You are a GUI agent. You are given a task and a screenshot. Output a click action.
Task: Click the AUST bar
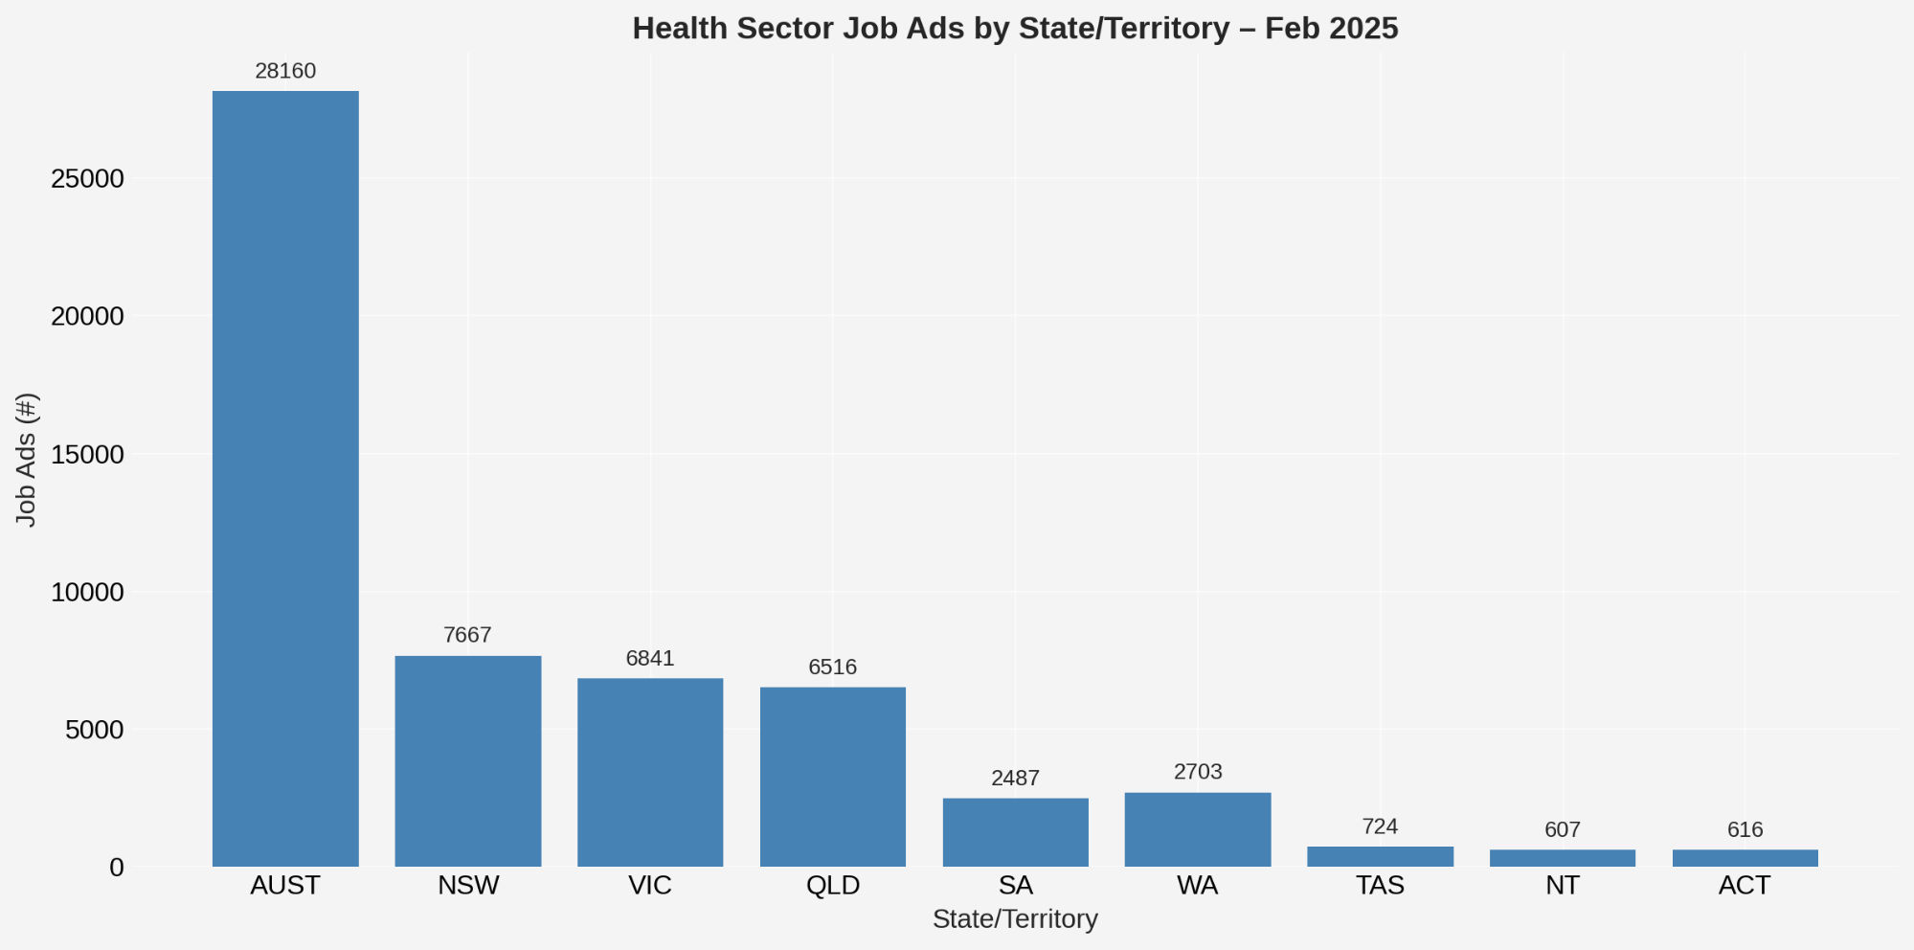pyautogui.click(x=285, y=479)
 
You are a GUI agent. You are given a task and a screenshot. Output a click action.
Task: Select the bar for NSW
pyautogui.click(x=468, y=761)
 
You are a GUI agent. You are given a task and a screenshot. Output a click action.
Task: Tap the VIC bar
pyautogui.click(x=650, y=773)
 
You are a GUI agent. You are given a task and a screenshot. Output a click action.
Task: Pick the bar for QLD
pyautogui.click(x=833, y=777)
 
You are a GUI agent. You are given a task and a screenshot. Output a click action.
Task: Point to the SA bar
pyautogui.click(x=1015, y=832)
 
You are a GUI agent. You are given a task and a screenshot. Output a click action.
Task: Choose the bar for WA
pyautogui.click(x=1198, y=829)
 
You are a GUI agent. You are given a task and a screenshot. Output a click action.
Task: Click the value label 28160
pyautogui.click(x=285, y=72)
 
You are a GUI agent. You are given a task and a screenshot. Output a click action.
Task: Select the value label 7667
pyautogui.click(x=468, y=636)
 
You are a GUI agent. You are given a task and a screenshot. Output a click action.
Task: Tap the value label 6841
pyautogui.click(x=650, y=659)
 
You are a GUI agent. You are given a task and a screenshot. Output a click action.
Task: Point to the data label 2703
pyautogui.click(x=1198, y=772)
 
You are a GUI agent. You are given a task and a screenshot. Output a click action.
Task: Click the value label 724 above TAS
pyautogui.click(x=1380, y=826)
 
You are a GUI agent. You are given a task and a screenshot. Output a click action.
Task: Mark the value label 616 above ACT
pyautogui.click(x=1745, y=830)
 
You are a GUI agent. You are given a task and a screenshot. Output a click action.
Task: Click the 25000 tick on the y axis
pyautogui.click(x=88, y=179)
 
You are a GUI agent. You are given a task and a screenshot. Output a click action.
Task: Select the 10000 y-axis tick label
pyautogui.click(x=88, y=593)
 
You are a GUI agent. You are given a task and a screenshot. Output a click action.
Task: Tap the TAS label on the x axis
pyautogui.click(x=1380, y=886)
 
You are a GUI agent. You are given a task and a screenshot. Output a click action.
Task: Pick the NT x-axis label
pyautogui.click(x=1563, y=886)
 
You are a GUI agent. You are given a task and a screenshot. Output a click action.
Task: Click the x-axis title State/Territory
pyautogui.click(x=1015, y=919)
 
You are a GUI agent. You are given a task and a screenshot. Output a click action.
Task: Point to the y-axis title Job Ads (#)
pyautogui.click(x=27, y=460)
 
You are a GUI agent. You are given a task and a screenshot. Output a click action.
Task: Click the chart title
pyautogui.click(x=1015, y=29)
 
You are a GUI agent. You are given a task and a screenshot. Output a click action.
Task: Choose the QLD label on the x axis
pyautogui.click(x=833, y=886)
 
